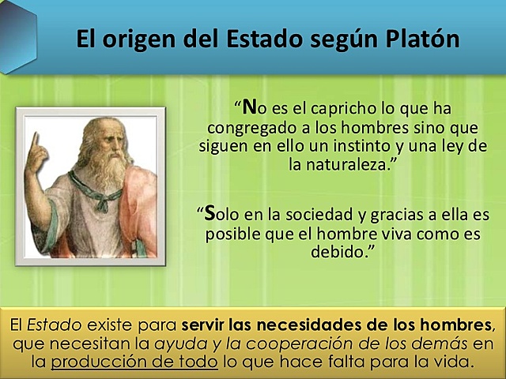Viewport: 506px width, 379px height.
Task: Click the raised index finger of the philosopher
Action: tap(35, 143)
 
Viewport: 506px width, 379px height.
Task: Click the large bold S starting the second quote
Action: tap(210, 213)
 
